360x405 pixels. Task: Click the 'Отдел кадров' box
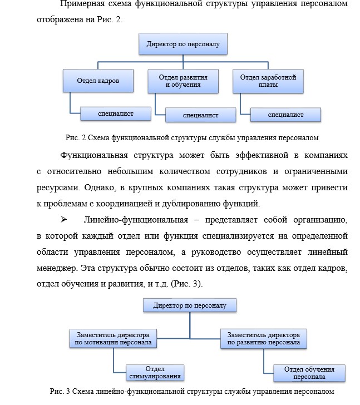click(98, 81)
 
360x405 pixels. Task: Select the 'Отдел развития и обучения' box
click(183, 81)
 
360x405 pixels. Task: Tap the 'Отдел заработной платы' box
click(268, 81)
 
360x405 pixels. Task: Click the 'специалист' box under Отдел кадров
click(116, 113)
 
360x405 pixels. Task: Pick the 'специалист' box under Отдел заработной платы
click(285, 115)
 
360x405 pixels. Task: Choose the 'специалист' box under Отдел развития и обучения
click(201, 115)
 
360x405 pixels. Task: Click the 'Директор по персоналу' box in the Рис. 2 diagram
click(183, 44)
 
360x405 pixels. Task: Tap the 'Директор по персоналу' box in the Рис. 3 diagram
click(190, 305)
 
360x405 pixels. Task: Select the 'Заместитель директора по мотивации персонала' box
click(113, 338)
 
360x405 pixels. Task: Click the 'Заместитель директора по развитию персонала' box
click(264, 339)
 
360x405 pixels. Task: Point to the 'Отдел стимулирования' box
click(155, 373)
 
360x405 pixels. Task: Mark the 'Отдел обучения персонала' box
click(309, 373)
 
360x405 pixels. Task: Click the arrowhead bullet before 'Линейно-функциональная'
click(63, 220)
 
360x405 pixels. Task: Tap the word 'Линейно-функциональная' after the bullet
click(136, 220)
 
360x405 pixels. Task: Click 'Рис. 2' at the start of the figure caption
click(76, 137)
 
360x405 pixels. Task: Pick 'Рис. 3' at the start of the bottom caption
click(60, 391)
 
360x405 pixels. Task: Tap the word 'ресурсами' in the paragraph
click(58, 188)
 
